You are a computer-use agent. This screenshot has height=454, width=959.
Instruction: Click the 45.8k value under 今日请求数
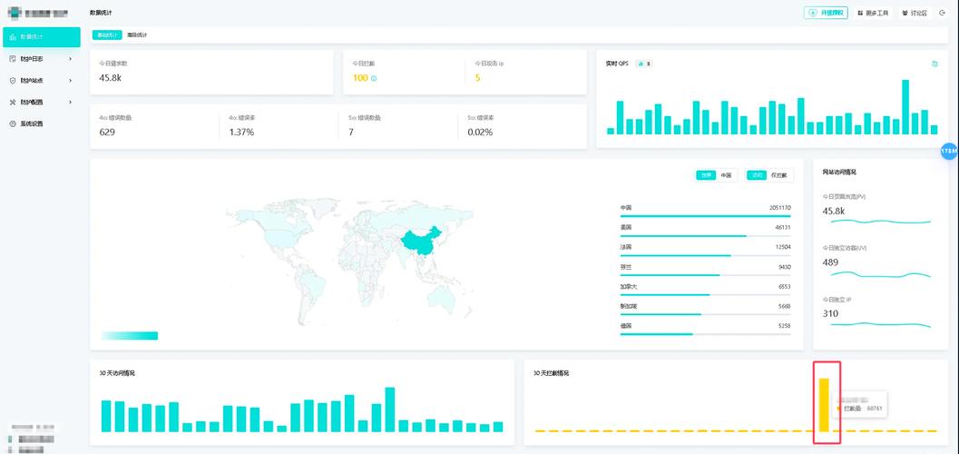tap(110, 78)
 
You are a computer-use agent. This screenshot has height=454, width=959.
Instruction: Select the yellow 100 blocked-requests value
tap(360, 78)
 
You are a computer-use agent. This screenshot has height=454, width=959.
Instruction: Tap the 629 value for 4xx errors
tap(107, 132)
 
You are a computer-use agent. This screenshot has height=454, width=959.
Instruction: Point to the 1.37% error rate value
tap(241, 132)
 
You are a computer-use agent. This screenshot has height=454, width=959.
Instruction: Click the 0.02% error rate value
tap(480, 132)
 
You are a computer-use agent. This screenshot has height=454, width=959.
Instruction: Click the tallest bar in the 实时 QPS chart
tap(905, 107)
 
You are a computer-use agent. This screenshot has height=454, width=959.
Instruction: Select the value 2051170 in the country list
tap(779, 207)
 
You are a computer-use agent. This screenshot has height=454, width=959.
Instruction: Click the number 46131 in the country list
tap(782, 227)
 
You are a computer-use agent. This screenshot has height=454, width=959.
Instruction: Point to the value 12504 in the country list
tap(782, 247)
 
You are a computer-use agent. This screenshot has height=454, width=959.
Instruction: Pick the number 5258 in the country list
tap(784, 325)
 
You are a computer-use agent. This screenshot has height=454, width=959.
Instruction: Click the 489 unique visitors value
tap(830, 262)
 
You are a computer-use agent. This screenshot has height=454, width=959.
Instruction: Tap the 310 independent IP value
tap(830, 313)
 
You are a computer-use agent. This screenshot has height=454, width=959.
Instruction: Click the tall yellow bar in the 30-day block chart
tap(825, 404)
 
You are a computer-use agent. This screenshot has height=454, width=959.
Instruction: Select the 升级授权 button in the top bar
tap(826, 13)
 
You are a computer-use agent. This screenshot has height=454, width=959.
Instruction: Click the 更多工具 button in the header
tap(873, 13)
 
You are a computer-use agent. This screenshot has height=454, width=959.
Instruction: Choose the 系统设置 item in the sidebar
tap(32, 123)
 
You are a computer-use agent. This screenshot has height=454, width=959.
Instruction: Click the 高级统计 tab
tap(137, 35)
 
